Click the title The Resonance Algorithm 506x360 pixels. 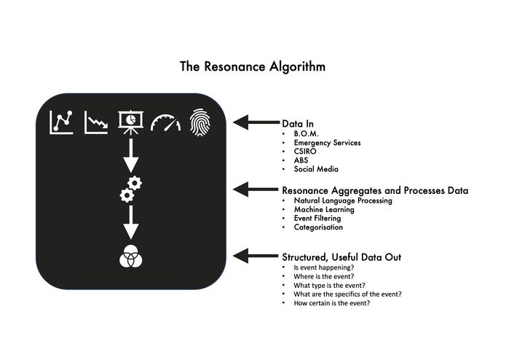point(253,66)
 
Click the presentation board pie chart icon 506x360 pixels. point(131,122)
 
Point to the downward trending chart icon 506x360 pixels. point(95,122)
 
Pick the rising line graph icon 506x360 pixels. point(61,122)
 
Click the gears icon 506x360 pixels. point(130,189)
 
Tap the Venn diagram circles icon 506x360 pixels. point(130,257)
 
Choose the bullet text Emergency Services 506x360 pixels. point(327,143)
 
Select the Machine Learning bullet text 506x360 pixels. point(323,209)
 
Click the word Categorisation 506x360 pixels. point(318,227)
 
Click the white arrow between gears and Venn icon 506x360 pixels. point(130,222)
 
